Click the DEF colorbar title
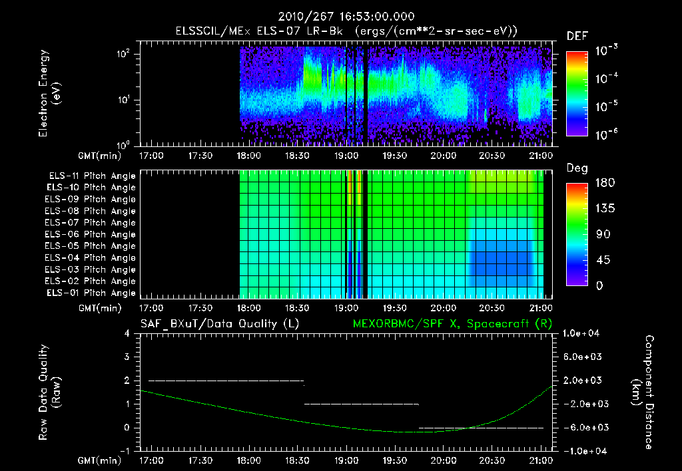click(577, 37)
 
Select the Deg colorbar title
click(577, 169)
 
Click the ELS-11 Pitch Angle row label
click(90, 176)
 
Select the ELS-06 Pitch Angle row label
click(90, 234)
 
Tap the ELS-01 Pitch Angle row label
click(90, 293)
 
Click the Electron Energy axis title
click(50, 95)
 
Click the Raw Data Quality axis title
click(50, 392)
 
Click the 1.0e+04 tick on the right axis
click(583, 333)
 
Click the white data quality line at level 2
click(226, 381)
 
